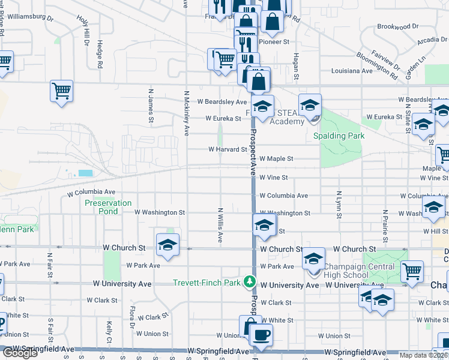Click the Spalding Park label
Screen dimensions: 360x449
[x=339, y=136]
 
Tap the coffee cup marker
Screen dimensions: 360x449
[x=261, y=335]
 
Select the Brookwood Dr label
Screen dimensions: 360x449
[x=397, y=26]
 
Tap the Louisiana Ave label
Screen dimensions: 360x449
[x=353, y=70]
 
